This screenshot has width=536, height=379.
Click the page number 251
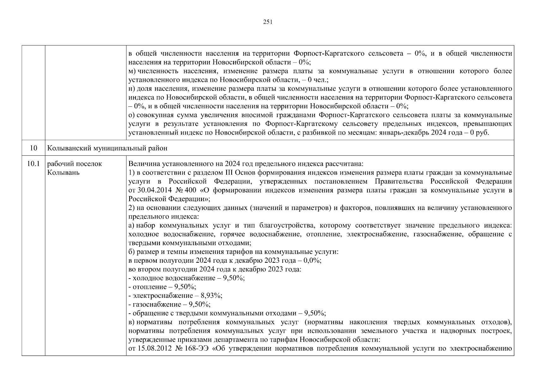coord(268,22)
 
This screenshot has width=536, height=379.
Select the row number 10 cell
coord(33,148)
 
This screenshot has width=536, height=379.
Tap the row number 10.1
coord(33,164)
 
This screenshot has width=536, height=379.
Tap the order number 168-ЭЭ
coord(197,349)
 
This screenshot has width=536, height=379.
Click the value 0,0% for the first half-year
coord(312,261)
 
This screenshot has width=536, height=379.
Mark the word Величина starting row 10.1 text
coord(142,164)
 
